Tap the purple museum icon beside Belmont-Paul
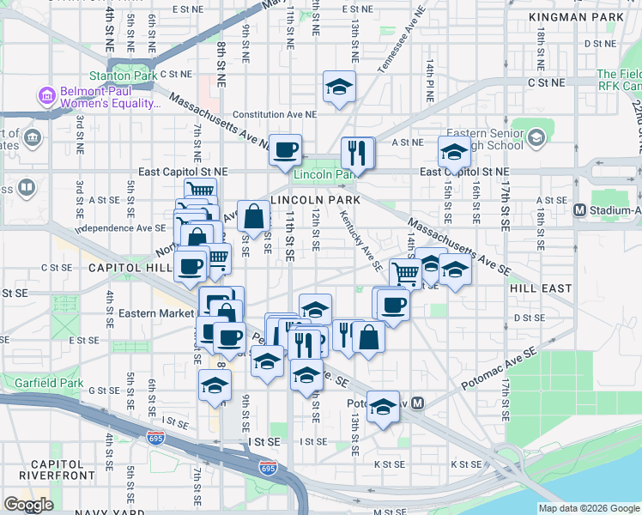[45, 93]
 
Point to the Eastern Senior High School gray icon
[536, 136]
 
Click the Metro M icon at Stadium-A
[578, 209]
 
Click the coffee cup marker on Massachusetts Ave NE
[286, 149]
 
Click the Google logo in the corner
[29, 504]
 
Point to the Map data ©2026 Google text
[588, 508]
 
